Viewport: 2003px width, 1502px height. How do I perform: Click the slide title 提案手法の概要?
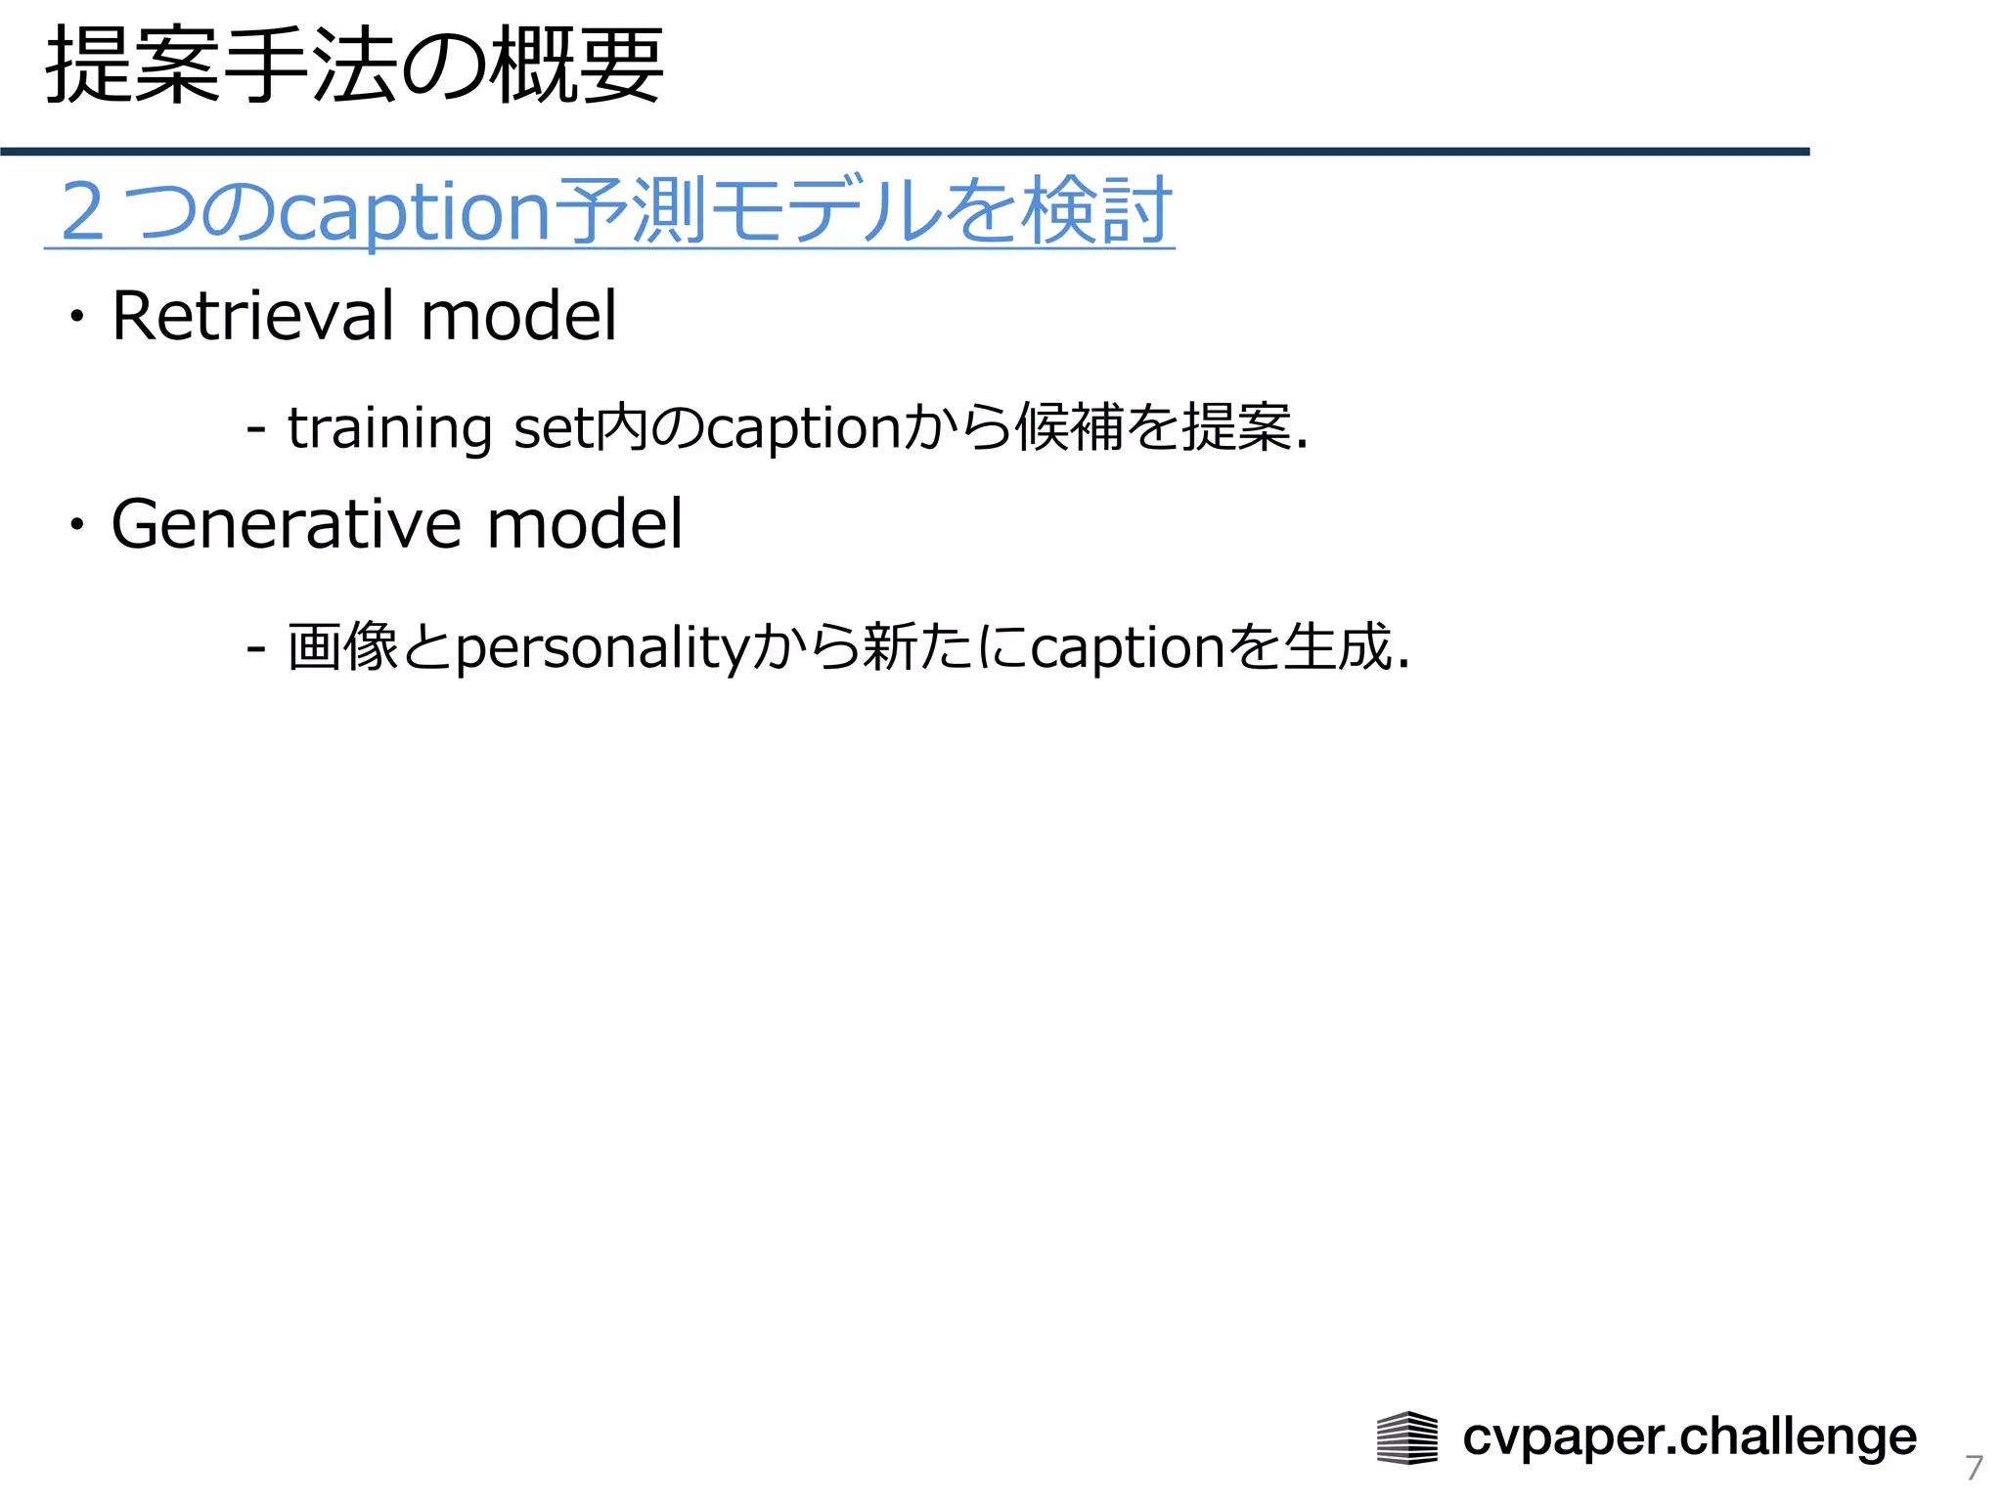(354, 66)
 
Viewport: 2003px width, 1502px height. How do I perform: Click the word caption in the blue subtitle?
(416, 211)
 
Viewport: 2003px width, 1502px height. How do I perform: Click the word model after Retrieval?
(518, 316)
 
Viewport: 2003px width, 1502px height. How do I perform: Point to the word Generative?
(286, 524)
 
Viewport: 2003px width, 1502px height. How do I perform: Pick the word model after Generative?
(585, 524)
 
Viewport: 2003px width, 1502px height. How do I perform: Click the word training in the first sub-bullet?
(389, 428)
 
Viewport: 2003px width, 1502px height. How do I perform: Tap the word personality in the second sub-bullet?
(601, 647)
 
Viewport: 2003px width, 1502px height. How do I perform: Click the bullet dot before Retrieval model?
(77, 317)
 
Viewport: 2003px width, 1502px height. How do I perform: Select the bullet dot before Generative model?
(77, 525)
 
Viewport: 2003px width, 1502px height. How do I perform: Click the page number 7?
(1974, 1468)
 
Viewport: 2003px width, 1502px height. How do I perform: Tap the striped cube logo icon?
(1406, 1437)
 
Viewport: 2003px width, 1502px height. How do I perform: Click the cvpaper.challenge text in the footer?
(1689, 1436)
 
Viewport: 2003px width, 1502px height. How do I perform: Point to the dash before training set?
(256, 428)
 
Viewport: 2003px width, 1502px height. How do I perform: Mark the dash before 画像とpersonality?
(256, 647)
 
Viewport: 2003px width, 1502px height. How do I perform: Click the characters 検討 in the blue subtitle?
(1097, 211)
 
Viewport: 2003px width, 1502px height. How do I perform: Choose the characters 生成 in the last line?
(1338, 647)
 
